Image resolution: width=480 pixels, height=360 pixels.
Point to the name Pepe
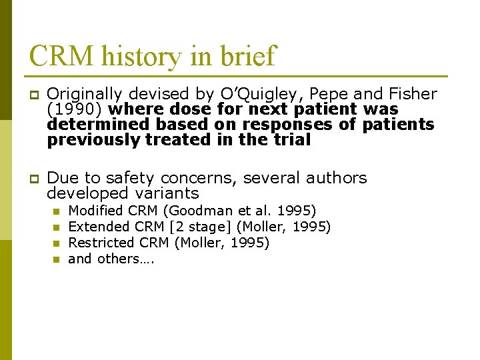[x=329, y=94]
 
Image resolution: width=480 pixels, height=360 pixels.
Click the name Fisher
[x=413, y=94]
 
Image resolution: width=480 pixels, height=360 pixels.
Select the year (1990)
[x=75, y=109]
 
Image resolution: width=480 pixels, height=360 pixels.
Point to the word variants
[x=167, y=193]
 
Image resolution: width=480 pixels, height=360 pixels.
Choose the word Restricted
[x=101, y=243]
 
